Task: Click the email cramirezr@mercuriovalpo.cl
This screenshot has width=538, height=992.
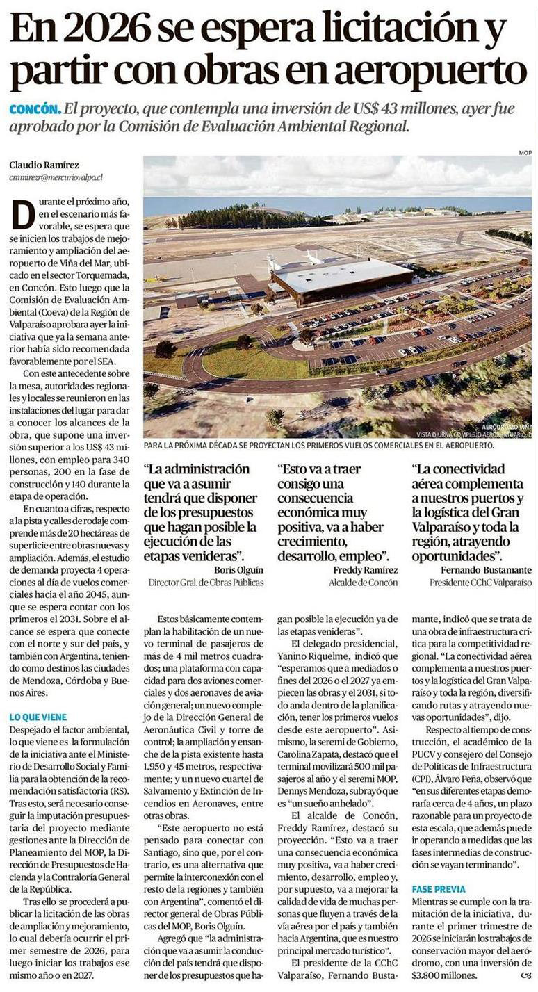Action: coord(56,177)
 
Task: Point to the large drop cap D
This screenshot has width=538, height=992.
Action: coord(22,214)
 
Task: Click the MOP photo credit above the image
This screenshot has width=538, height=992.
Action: coord(525,152)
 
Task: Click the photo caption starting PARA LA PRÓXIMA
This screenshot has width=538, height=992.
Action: coord(318,444)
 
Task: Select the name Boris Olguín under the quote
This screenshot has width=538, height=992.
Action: coord(235,569)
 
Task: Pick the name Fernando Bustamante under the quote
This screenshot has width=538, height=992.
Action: coord(487,569)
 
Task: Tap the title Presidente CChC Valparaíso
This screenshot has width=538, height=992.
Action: coord(480,583)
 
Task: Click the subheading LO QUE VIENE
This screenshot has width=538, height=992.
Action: coord(38,717)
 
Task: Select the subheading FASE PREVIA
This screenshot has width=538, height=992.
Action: coord(439,888)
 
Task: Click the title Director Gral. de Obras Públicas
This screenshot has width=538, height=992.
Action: coord(206,583)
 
